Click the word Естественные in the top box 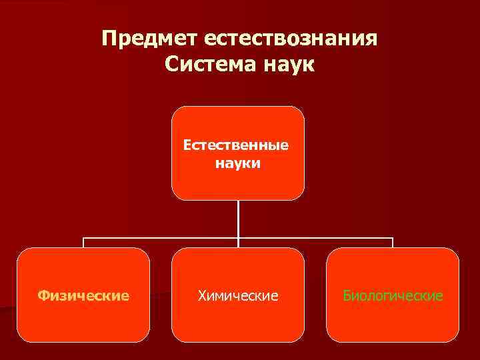(x=238, y=145)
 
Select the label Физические (x=83, y=295)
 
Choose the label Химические (x=238, y=295)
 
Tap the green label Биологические (x=393, y=295)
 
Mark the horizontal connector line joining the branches (x=160, y=237)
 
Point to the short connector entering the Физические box (x=83, y=243)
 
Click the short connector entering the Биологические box (x=393, y=243)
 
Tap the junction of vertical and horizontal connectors (x=238, y=237)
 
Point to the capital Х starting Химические (x=202, y=295)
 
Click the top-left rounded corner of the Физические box (x=22, y=253)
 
